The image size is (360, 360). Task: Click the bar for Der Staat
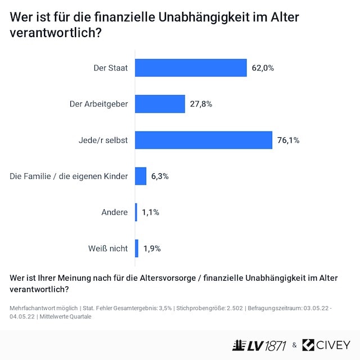pyautogui.click(x=191, y=67)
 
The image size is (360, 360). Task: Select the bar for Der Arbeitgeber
pyautogui.click(x=160, y=103)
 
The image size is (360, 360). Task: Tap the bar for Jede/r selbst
pyautogui.click(x=204, y=140)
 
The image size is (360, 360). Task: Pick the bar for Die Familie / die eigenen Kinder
pyautogui.click(x=141, y=176)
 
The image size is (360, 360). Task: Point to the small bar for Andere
pyautogui.click(x=136, y=212)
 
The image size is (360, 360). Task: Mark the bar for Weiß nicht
pyautogui.click(x=137, y=248)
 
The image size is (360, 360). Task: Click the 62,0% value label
pyautogui.click(x=263, y=68)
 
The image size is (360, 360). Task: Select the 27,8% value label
pyautogui.click(x=201, y=104)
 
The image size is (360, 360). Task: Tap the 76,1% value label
pyautogui.click(x=289, y=140)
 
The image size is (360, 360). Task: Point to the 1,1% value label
pyautogui.click(x=150, y=212)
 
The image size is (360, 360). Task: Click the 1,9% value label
pyautogui.click(x=151, y=248)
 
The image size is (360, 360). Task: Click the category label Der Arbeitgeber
pyautogui.click(x=98, y=104)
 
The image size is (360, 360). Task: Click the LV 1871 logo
pyautogui.click(x=260, y=345)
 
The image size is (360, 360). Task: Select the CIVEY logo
pyautogui.click(x=326, y=345)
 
